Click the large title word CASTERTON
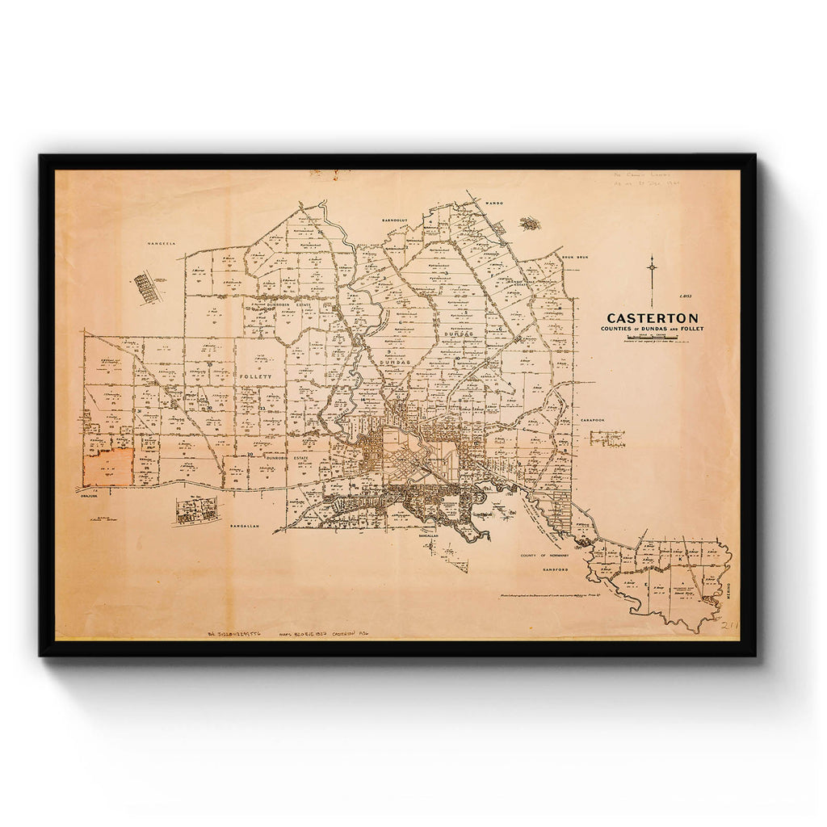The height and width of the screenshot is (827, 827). click(x=653, y=318)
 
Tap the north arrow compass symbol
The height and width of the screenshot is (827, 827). click(x=652, y=270)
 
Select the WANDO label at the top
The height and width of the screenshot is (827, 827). click(x=494, y=204)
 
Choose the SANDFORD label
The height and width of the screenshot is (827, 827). click(x=556, y=569)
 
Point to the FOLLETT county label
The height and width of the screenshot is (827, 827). click(x=252, y=376)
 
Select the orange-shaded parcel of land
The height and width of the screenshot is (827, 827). click(x=109, y=468)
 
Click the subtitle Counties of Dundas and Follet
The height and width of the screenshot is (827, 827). click(x=652, y=329)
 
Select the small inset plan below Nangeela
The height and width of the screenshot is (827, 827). click(x=147, y=288)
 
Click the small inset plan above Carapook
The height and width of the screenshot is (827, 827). click(x=607, y=438)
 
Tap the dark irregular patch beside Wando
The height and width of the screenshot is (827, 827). click(x=529, y=223)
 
